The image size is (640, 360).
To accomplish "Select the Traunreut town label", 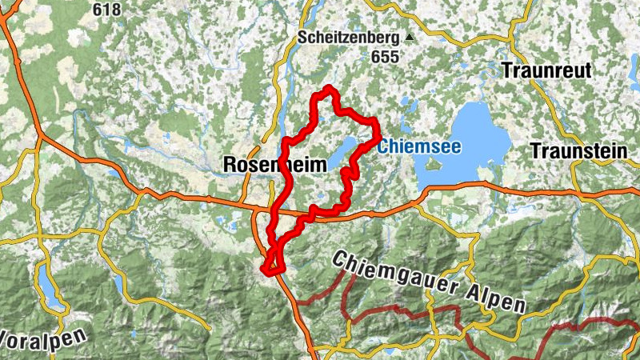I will (547, 70).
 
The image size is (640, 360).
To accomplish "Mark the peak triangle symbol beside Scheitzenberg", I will (410, 37).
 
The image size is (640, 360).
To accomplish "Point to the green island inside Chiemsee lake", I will (434, 164).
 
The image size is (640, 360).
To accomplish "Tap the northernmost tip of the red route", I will (327, 90).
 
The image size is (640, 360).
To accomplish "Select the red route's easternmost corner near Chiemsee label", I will (376, 123).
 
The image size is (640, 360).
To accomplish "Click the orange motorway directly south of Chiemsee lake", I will (480, 187).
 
